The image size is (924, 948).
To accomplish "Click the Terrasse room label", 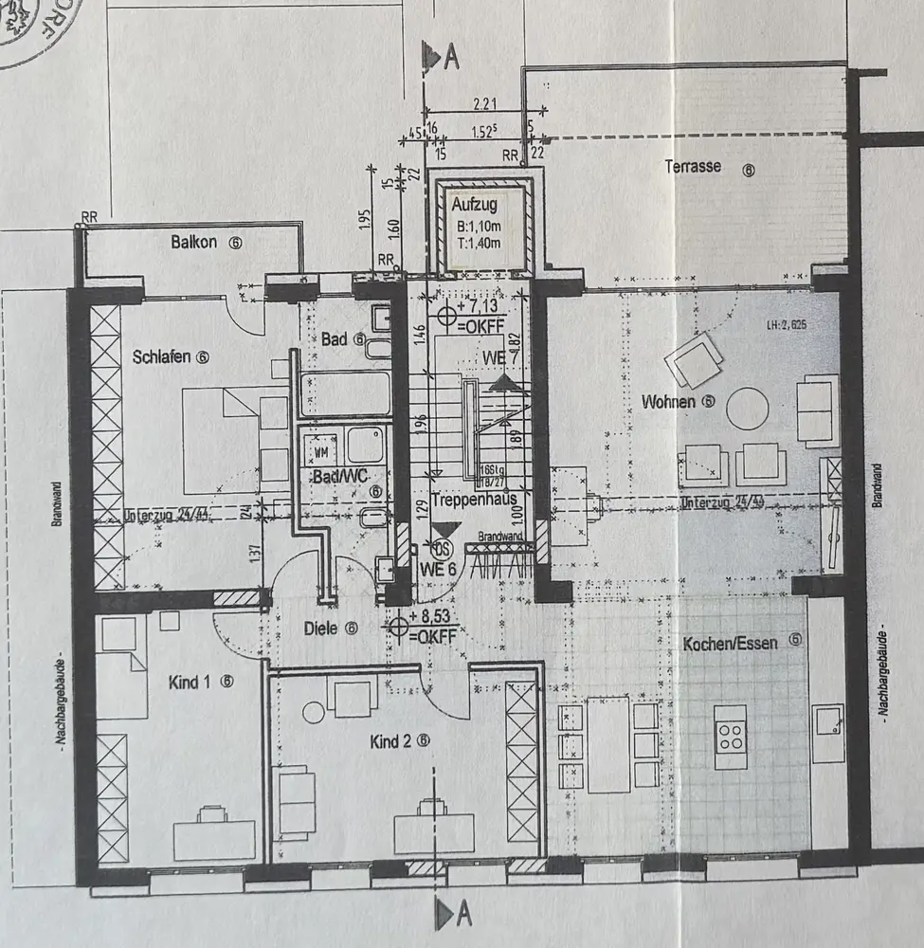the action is (693, 167).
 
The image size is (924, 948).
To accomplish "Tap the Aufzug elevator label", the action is (474, 204).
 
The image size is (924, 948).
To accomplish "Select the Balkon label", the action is (195, 243).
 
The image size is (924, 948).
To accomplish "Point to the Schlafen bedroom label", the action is (163, 357).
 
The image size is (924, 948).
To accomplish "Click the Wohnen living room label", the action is (669, 402).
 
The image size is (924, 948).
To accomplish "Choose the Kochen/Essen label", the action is (731, 643).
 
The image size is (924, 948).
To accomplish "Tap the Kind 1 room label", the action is (190, 682).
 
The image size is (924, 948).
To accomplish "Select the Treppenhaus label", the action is (468, 499).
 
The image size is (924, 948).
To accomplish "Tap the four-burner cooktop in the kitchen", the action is (732, 737).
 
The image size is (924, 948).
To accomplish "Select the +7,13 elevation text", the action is (477, 306).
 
